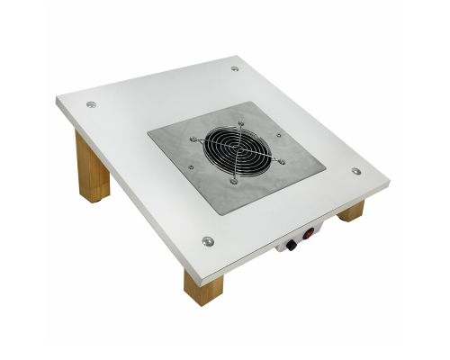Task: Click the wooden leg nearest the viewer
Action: [202, 286]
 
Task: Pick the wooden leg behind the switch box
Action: [351, 211]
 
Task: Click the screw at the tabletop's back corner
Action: [235, 68]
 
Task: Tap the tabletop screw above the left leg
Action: [91, 104]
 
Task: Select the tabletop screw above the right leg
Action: [355, 171]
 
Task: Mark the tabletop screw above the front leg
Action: [208, 240]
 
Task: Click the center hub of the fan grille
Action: [238, 149]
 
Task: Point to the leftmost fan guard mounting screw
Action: [193, 139]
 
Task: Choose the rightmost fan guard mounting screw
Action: [282, 161]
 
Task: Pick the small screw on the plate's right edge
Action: [278, 136]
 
